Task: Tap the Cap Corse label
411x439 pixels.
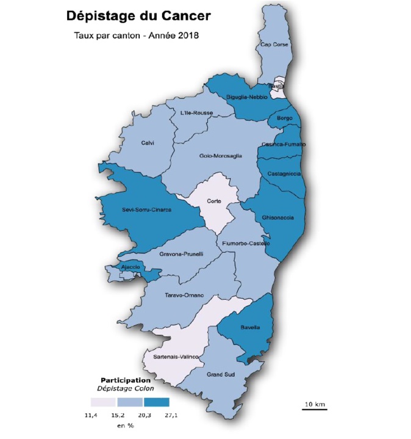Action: tap(274, 45)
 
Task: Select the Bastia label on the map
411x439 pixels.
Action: tap(276, 87)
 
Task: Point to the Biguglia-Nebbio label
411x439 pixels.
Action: tap(246, 98)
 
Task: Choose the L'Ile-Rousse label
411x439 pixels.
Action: tap(196, 113)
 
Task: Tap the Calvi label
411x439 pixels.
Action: tap(148, 143)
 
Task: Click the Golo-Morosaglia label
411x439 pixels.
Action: tap(221, 156)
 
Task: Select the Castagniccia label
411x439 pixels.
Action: tap(284, 174)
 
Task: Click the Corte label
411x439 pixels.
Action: tap(214, 201)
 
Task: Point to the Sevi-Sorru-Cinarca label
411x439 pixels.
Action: tap(147, 209)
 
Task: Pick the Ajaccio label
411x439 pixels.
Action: tap(130, 267)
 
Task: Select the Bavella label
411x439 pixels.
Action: tap(251, 327)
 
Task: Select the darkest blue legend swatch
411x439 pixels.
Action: tap(157, 402)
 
